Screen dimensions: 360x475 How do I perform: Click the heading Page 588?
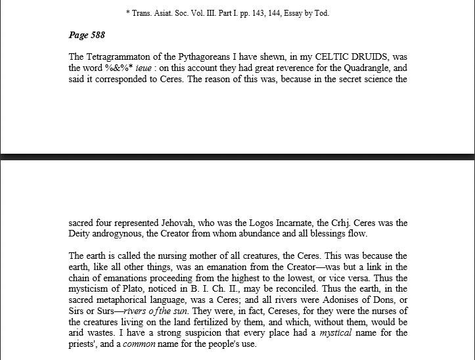(x=86, y=35)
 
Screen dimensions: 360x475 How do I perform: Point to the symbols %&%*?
(x=118, y=68)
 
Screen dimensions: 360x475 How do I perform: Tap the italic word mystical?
(x=336, y=334)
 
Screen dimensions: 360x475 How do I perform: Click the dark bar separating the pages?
(x=237, y=157)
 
